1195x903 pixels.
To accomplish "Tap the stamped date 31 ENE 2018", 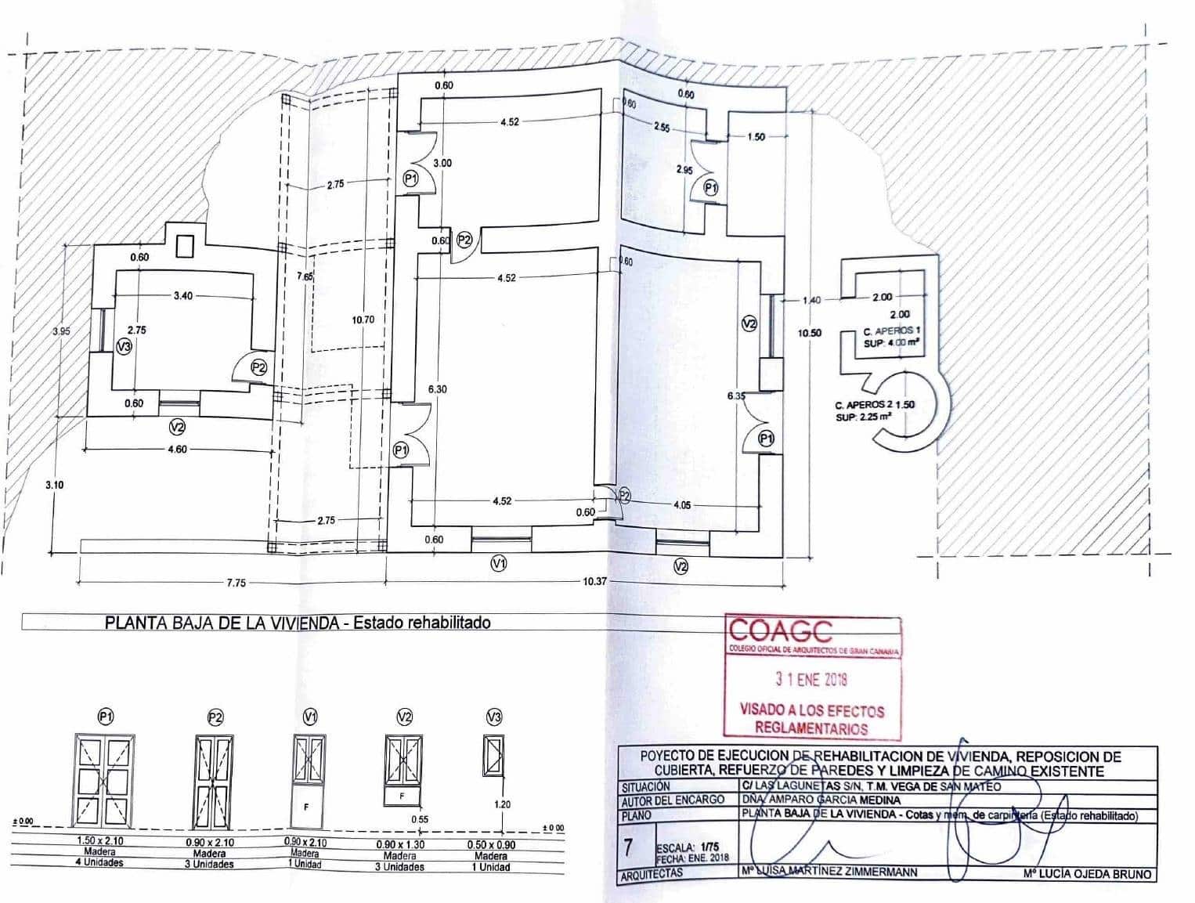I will coord(811,680).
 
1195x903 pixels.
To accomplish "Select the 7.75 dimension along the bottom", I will coord(236,583).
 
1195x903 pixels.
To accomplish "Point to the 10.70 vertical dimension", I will coord(363,320).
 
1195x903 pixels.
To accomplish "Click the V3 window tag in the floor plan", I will coord(124,347).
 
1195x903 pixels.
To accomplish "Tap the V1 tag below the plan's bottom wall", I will coord(498,562).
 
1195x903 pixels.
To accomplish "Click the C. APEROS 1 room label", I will coord(892,332).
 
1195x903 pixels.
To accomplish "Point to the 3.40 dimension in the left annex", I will coord(182,296).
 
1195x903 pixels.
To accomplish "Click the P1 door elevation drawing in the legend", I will coord(105,780).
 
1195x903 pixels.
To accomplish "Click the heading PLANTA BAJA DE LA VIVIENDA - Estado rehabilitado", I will coord(298,623).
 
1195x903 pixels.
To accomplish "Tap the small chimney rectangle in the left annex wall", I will coord(185,247).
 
